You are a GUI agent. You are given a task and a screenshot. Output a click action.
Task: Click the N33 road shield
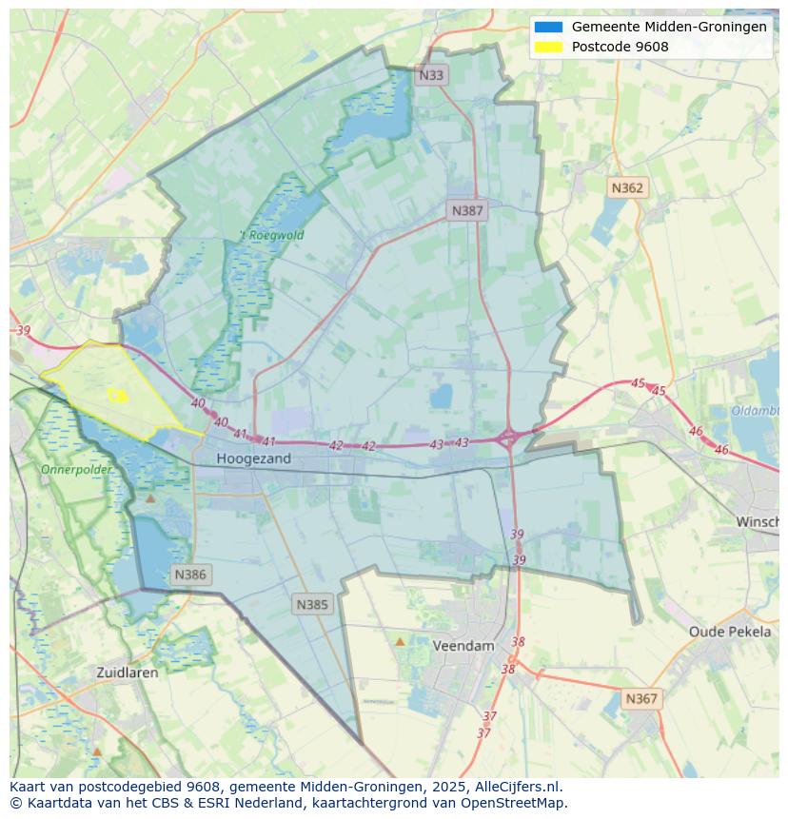(431, 75)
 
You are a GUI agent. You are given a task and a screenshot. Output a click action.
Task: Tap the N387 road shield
(467, 210)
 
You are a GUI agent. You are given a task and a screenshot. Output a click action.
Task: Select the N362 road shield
(627, 187)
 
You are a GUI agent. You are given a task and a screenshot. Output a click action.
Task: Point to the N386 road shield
(190, 575)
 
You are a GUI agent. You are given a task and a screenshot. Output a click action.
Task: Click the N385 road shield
(312, 604)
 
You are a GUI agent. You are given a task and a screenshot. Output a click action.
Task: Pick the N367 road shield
(641, 698)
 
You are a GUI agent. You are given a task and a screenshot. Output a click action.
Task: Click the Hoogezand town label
(253, 458)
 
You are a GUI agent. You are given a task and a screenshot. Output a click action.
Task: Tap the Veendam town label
(463, 645)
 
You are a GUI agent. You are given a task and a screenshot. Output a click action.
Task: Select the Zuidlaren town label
(128, 672)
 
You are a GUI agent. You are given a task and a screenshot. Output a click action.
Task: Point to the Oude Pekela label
(730, 632)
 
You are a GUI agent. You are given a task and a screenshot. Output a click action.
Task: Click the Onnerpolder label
(76, 469)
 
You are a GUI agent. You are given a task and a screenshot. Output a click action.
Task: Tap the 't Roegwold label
(271, 235)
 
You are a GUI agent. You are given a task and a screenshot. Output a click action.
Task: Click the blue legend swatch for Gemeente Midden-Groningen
(549, 28)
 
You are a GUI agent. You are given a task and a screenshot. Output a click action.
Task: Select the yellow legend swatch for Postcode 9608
(549, 47)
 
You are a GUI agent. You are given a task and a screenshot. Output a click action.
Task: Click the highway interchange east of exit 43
(508, 438)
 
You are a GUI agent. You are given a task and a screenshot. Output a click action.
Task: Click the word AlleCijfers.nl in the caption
(520, 787)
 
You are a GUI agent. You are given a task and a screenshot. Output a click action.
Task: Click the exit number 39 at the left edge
(24, 330)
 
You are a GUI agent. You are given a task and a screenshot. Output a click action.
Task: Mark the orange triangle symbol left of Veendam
(400, 642)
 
